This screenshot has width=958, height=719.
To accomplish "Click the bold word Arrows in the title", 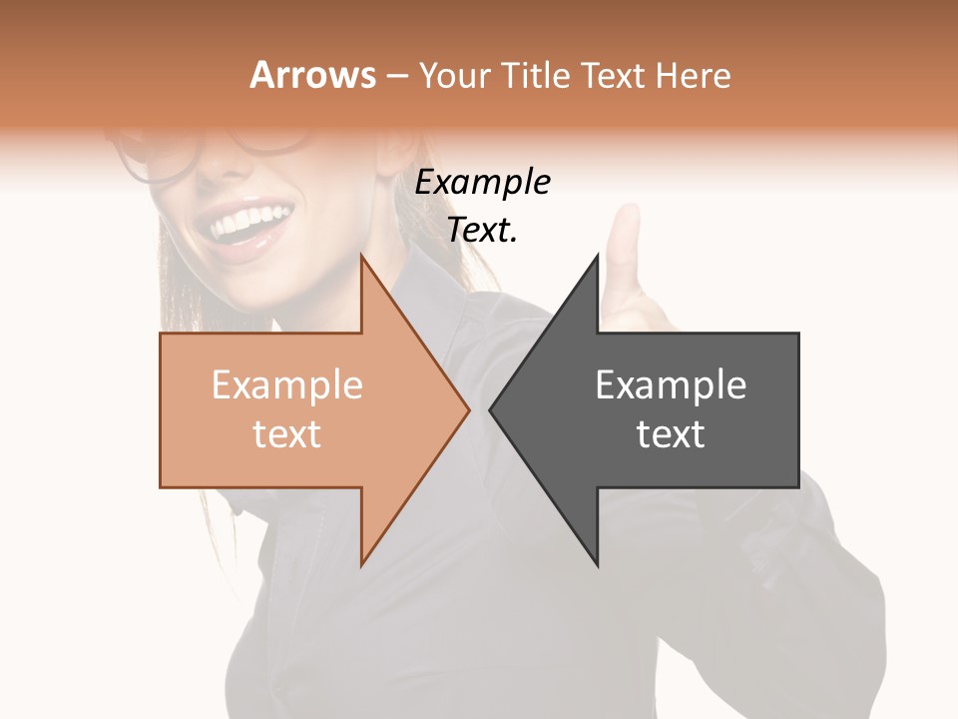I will [312, 75].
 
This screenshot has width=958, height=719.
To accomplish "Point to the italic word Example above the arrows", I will [482, 183].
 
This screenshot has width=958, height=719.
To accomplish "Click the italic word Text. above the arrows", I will [482, 231].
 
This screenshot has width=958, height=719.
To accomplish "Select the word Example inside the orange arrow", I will [286, 385].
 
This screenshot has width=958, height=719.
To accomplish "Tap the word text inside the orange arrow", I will [286, 434].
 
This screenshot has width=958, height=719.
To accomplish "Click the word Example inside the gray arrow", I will [671, 385].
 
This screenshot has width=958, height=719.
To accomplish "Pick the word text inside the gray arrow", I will [671, 434].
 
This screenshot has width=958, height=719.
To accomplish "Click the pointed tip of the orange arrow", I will [468, 409].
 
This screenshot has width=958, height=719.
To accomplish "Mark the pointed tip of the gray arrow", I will [491, 409].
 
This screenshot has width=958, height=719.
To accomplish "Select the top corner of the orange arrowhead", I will [361, 256].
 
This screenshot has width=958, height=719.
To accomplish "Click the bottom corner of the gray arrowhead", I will [598, 565].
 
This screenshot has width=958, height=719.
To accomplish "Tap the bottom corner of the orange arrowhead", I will [361, 565].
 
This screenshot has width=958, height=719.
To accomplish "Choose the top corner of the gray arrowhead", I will [598, 256].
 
